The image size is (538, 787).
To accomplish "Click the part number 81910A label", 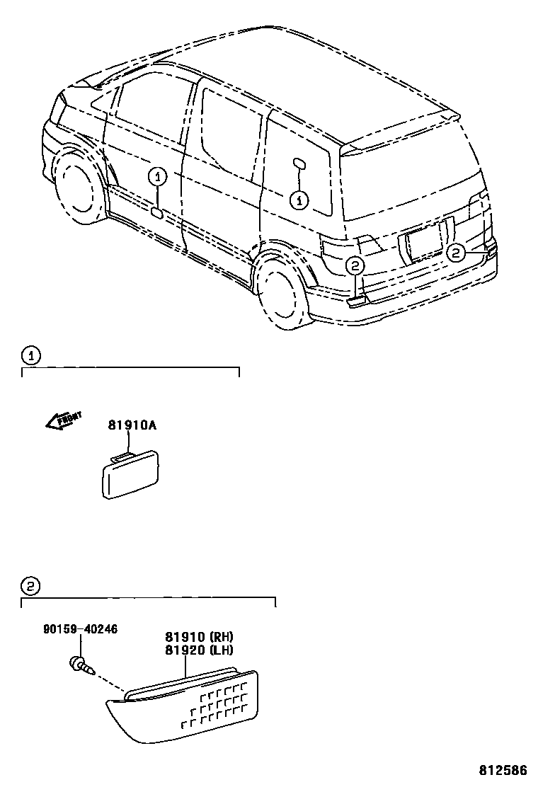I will pyautogui.click(x=132, y=425).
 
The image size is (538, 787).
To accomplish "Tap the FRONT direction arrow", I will pyautogui.click(x=64, y=420).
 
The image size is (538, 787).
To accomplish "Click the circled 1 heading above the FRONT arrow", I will pyautogui.click(x=30, y=354).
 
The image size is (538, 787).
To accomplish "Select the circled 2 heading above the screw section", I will pyautogui.click(x=30, y=585).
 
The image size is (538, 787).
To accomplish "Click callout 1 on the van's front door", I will pyautogui.click(x=157, y=177).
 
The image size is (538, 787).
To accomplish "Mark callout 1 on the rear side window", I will pyautogui.click(x=299, y=200).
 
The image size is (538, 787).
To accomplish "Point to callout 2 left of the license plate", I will pyautogui.click(x=354, y=265).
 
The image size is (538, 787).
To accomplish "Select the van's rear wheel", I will pyautogui.click(x=282, y=290).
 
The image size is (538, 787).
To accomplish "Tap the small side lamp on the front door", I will pyautogui.click(x=157, y=211).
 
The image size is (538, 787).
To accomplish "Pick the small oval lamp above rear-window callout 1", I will pyautogui.click(x=299, y=165).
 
